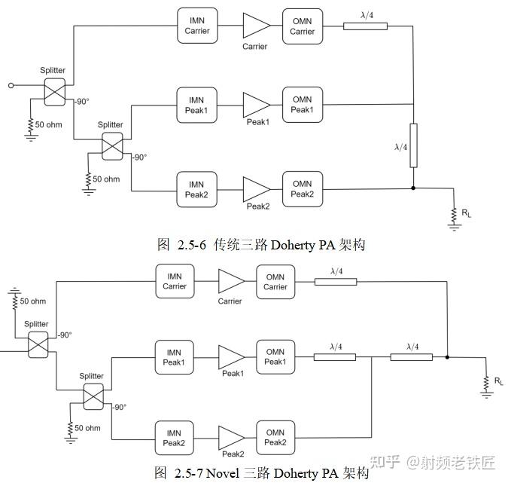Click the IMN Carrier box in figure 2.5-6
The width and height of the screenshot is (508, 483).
197,26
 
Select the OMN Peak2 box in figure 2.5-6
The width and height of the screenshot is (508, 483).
302,189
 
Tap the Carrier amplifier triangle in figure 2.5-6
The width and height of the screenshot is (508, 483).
255,26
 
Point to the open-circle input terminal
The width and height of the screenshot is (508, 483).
11,86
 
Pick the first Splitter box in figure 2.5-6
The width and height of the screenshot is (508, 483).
55,92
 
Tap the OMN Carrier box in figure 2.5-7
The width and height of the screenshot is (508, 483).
275,282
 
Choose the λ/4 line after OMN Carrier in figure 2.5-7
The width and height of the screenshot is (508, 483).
336,282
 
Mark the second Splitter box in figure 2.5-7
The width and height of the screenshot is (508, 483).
93,396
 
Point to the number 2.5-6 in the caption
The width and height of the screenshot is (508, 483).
192,245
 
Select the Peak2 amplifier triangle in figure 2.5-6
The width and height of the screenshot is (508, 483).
255,189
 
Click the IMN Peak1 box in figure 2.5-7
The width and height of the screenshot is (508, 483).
175,357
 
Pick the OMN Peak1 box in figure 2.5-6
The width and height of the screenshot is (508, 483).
302,105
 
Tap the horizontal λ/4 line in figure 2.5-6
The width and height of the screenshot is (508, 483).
366,26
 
